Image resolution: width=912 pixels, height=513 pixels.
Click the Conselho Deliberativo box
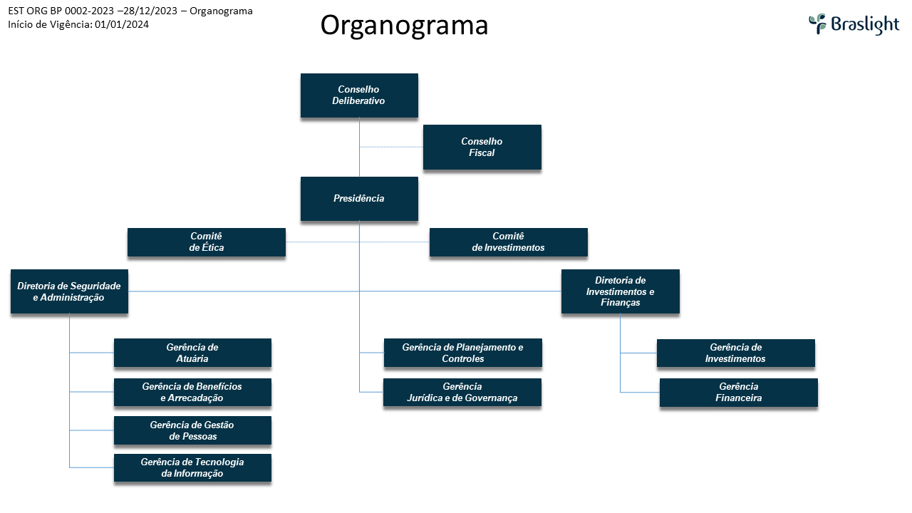coord(359,95)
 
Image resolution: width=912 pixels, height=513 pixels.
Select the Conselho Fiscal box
coord(482,147)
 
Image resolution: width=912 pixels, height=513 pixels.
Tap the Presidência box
coord(359,199)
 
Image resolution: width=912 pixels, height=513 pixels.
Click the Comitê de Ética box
coord(207,242)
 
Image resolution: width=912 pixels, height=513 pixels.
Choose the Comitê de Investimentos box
coord(508,242)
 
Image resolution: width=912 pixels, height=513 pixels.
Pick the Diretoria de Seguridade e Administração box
coord(69,291)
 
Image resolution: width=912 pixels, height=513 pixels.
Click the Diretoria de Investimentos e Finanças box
coord(620,291)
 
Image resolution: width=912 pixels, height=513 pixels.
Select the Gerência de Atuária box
coord(192,353)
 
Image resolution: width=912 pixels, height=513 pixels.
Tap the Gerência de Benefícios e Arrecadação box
coord(192,393)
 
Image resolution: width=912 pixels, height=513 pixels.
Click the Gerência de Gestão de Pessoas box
coord(192,430)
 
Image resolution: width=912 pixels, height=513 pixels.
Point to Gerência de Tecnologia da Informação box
coord(192,468)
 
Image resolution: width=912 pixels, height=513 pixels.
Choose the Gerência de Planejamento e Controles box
coord(462,353)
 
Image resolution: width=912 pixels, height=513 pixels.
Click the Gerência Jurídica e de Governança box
coord(462,393)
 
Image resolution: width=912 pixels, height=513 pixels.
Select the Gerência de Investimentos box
coord(735,353)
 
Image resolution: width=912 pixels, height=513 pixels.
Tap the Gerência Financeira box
coord(738,393)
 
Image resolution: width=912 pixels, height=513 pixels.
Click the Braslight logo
coord(854,24)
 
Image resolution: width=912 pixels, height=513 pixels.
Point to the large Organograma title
coord(404,25)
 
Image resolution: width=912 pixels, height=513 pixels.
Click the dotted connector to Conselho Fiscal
coord(391,147)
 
